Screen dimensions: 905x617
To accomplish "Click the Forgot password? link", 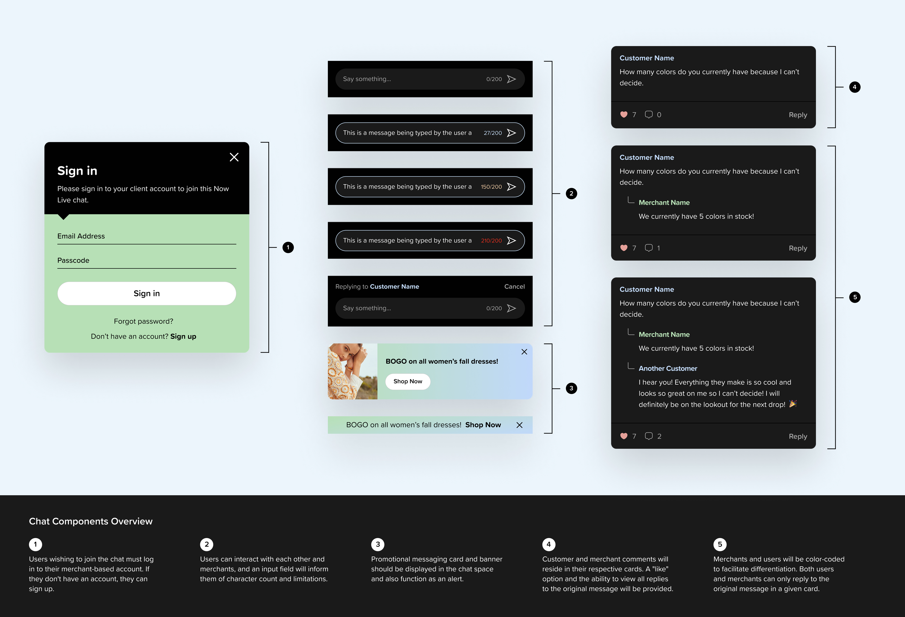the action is coord(143,321).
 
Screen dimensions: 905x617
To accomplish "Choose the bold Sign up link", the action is coord(183,336).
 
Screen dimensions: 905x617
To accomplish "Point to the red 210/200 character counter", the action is coord(491,241).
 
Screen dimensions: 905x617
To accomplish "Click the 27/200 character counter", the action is coord(493,133).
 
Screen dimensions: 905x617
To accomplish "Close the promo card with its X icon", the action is coord(524,352).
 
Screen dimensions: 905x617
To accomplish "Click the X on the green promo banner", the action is coord(520,425).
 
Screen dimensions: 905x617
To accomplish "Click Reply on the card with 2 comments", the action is coord(797,436).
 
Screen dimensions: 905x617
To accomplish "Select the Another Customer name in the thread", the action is coord(667,368).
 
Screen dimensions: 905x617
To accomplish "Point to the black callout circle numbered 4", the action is coord(854,87).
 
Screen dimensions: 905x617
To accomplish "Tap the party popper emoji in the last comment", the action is coord(793,404).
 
